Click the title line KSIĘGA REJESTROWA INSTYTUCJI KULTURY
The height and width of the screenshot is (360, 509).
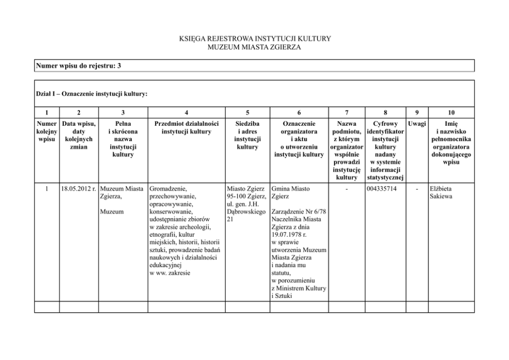254,39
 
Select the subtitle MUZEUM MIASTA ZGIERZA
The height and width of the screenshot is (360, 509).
254,47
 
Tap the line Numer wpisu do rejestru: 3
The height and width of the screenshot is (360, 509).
79,66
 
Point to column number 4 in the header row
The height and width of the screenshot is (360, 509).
186,112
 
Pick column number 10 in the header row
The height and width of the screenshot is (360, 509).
451,112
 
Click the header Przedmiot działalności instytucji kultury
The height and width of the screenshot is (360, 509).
186,127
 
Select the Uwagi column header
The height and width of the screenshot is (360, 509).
416,124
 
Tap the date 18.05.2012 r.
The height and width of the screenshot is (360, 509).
79,189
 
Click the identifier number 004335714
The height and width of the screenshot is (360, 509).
382,189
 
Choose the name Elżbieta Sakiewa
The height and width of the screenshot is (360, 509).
441,193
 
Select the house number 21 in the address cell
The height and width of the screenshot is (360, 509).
230,219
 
